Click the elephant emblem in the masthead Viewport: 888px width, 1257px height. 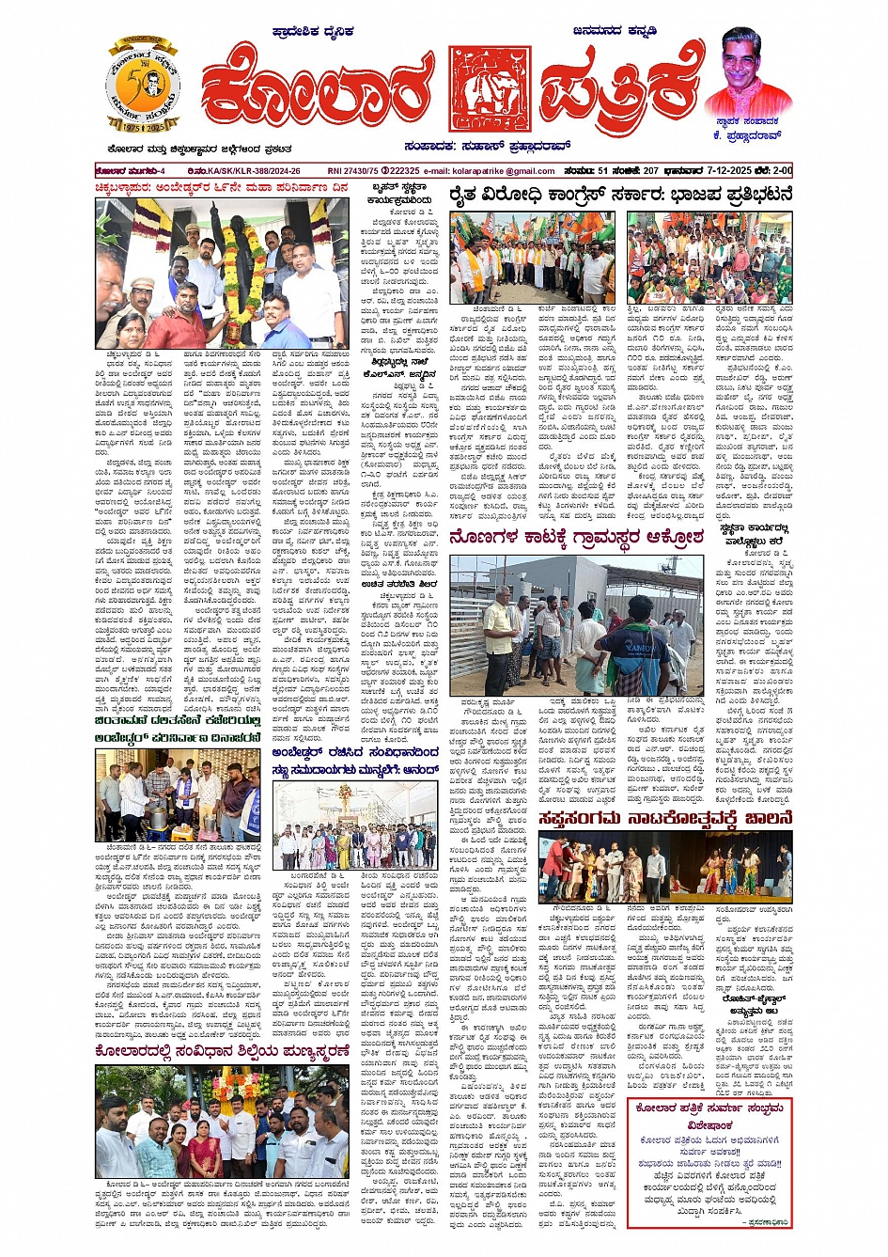point(490,88)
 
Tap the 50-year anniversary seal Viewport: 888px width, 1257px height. point(143,86)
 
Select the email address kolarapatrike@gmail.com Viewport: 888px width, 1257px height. point(504,171)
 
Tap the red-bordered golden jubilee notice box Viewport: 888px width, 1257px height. point(709,1163)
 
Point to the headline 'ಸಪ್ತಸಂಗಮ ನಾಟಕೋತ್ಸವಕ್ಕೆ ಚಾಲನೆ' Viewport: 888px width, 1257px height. point(665,819)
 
